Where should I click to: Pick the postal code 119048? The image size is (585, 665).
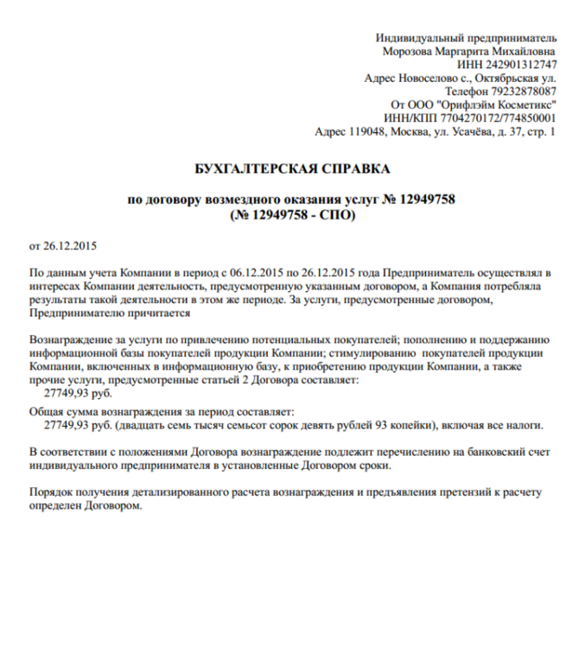click(x=367, y=132)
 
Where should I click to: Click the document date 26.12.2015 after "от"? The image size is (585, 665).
click(x=70, y=246)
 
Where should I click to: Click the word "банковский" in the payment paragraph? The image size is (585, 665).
click(x=467, y=453)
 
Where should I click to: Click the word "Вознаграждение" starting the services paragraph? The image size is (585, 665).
click(x=72, y=340)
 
